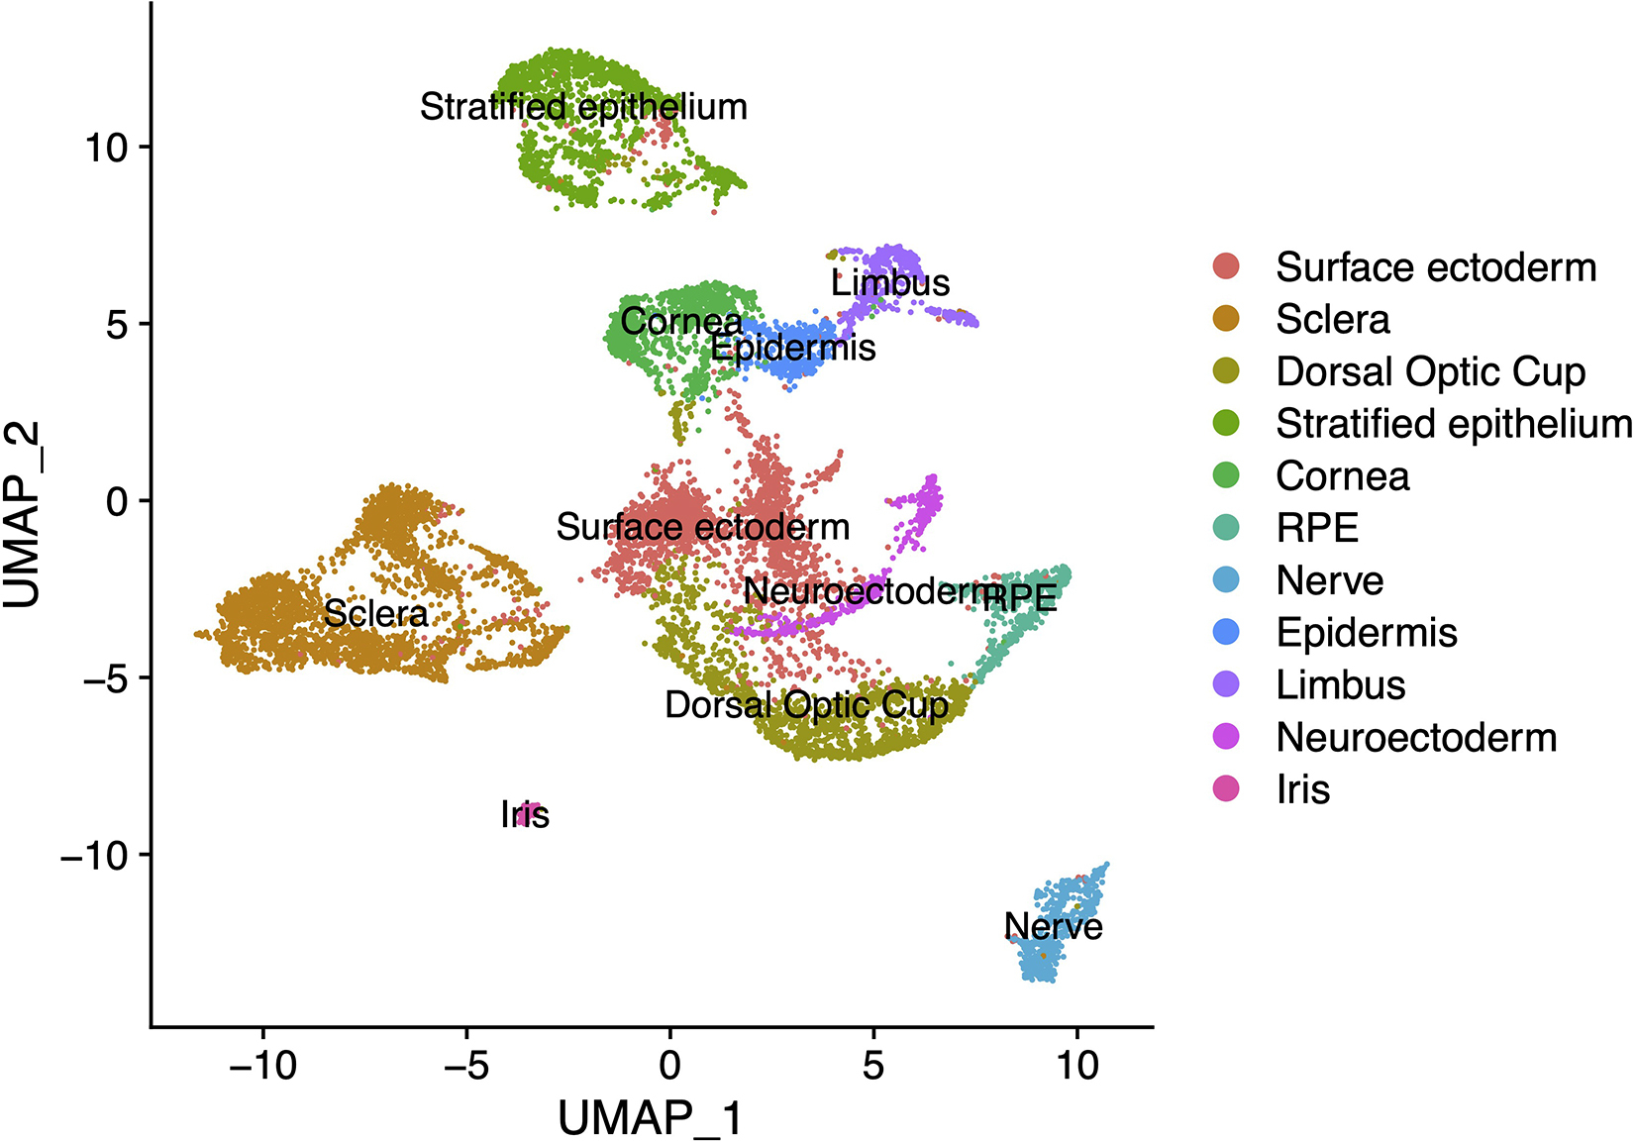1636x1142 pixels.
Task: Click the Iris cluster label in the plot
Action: tap(525, 815)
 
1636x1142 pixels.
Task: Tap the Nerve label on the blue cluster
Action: tap(1053, 926)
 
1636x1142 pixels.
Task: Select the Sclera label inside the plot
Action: tap(375, 614)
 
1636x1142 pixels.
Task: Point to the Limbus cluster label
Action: tap(890, 283)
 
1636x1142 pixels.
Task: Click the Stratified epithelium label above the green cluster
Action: tap(583, 107)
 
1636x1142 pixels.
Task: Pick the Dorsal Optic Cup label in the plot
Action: tap(806, 705)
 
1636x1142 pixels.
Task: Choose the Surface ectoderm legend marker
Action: tap(1226, 266)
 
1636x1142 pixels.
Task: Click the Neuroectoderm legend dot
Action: tap(1226, 737)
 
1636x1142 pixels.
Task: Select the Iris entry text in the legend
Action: tap(1302, 789)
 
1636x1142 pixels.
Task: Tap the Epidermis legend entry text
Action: tap(1367, 633)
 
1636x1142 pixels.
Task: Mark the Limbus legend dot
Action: tap(1226, 684)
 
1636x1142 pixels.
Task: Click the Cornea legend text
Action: tap(1342, 476)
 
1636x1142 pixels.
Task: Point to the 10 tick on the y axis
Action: tap(105, 148)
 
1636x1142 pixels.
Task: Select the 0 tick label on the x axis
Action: tap(670, 1066)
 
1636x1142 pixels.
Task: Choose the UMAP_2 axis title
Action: tap(24, 515)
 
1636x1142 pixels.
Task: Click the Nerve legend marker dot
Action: tap(1226, 580)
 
